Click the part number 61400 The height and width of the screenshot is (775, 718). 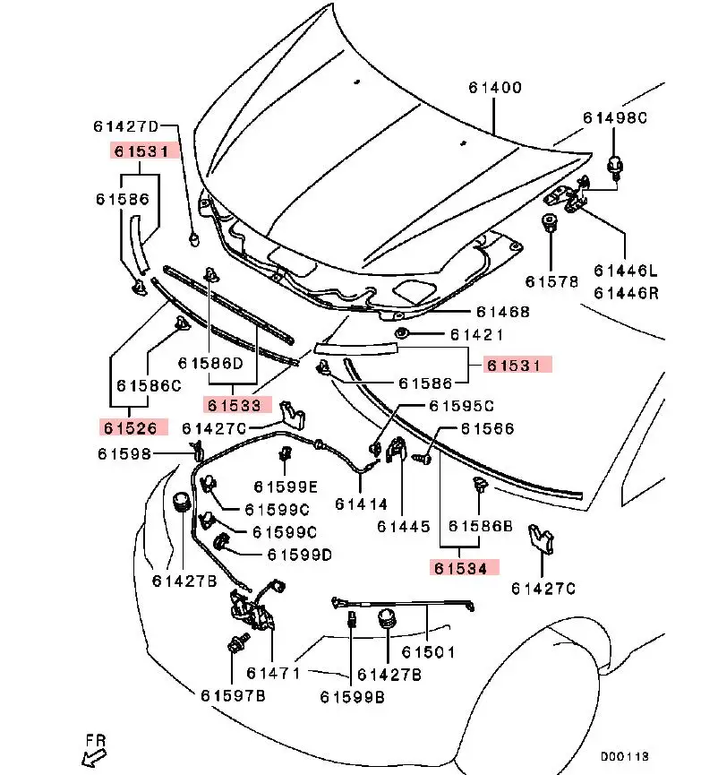point(494,88)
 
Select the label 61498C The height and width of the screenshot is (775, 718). point(615,117)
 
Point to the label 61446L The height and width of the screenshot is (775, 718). point(625,270)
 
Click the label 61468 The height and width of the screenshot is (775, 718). point(503,312)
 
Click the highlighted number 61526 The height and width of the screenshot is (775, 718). point(135,427)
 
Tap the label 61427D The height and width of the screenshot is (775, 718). point(126,126)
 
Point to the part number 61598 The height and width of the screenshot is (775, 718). point(125,455)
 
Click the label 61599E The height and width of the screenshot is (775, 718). point(285,487)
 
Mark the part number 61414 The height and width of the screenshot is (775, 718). point(362,504)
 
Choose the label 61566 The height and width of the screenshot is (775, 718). point(488,429)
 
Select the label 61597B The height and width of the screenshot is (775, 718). point(233,695)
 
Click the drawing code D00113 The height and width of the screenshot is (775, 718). point(624,756)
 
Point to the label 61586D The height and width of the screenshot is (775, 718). point(210,363)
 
